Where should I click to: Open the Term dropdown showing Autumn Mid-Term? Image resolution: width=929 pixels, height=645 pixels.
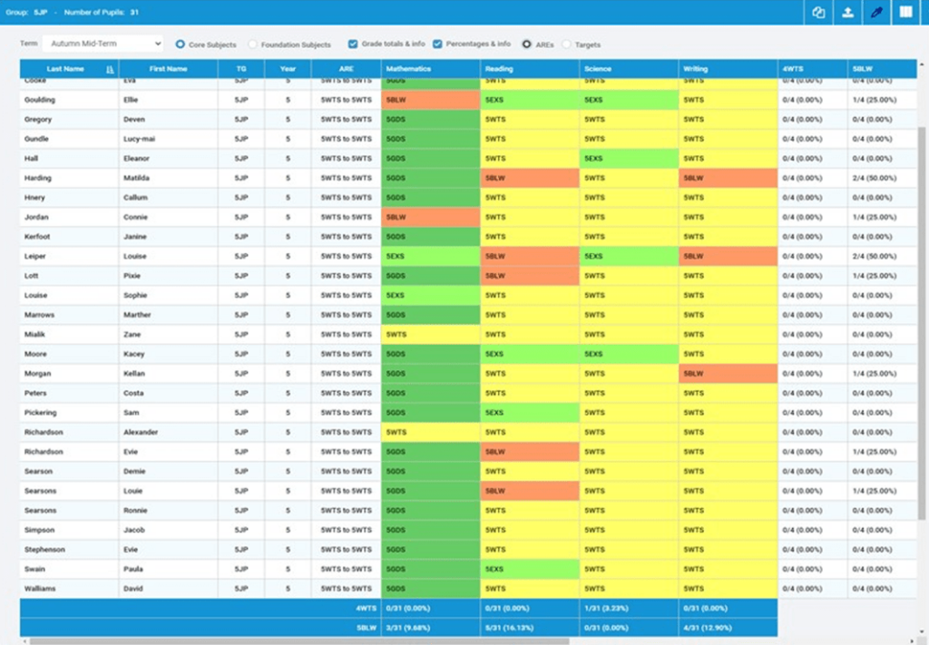(103, 44)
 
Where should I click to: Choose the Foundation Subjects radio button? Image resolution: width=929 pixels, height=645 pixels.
(253, 44)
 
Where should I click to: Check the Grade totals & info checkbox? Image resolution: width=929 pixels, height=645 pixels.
(353, 44)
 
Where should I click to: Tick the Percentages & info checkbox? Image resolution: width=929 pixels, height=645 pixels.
(438, 44)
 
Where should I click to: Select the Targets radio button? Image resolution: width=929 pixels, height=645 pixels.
(567, 44)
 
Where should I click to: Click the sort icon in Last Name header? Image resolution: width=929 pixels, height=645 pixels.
(110, 69)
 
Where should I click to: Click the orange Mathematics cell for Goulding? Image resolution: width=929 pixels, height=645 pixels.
(430, 100)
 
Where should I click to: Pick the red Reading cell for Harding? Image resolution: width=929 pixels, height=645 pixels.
(530, 178)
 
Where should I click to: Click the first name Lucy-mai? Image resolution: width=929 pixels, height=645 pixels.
(139, 139)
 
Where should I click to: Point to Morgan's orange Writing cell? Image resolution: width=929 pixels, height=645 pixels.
(728, 374)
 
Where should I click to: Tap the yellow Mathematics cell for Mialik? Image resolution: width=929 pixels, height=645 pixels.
(430, 335)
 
